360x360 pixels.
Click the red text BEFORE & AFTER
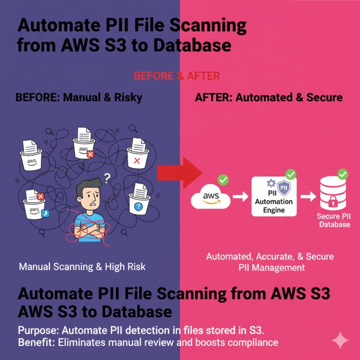(x=176, y=76)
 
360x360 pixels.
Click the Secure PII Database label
(x=334, y=220)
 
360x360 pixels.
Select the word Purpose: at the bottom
(x=38, y=331)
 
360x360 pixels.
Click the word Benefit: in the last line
(x=36, y=343)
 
